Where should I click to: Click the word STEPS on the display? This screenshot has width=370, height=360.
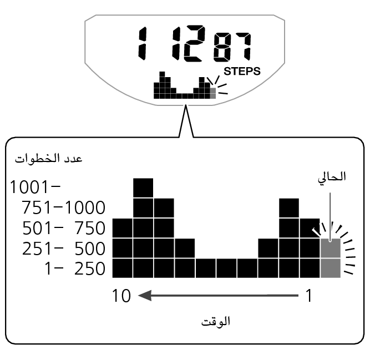(242, 71)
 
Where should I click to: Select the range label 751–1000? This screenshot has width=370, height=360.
(63, 208)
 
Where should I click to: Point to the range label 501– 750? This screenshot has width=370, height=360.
(63, 229)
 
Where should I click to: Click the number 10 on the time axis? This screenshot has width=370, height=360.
(122, 296)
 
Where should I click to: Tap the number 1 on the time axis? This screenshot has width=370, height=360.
(309, 296)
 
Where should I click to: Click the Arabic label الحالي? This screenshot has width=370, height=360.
(330, 178)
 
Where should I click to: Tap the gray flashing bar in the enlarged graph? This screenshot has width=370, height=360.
(330, 258)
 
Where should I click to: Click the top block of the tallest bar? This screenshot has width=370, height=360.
(143, 187)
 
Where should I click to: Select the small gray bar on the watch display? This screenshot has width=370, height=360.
(211, 91)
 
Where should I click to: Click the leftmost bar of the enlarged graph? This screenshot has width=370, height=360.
(122, 248)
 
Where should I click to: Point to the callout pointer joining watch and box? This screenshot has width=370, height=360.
(185, 119)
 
